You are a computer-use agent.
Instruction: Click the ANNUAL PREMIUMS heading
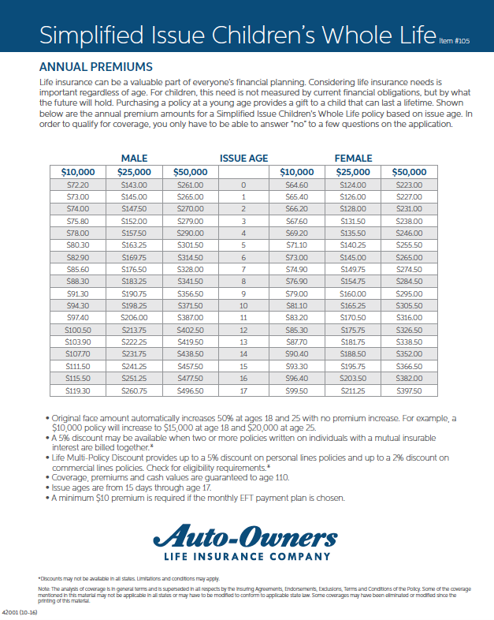click(95, 67)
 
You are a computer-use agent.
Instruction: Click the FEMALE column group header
click(353, 158)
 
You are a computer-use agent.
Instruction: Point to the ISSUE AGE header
click(243, 158)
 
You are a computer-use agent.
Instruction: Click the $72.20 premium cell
click(77, 185)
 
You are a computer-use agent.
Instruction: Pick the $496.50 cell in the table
click(190, 390)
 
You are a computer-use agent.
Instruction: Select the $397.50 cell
click(408, 390)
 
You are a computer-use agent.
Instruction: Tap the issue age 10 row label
click(243, 305)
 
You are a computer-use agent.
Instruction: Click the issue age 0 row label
click(243, 185)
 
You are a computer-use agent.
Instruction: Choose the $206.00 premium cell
click(133, 317)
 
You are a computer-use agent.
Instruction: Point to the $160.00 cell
click(353, 293)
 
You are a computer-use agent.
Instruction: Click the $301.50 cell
click(190, 245)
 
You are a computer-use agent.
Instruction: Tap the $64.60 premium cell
click(297, 185)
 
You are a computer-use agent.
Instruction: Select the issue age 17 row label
click(243, 390)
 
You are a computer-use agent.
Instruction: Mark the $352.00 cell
click(408, 354)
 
